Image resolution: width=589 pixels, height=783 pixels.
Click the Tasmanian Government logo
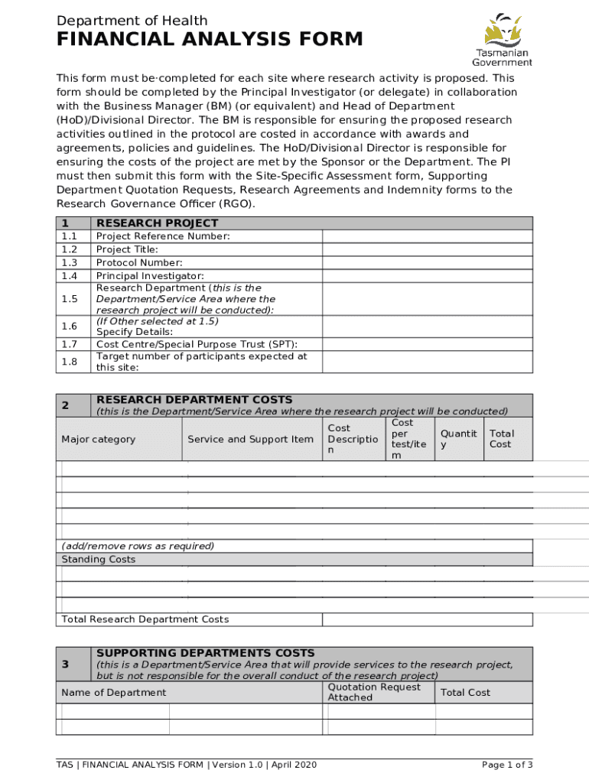[x=501, y=40]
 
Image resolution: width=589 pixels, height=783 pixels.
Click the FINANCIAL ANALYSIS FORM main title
[x=210, y=40]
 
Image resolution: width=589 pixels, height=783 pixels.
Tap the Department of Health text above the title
[x=132, y=21]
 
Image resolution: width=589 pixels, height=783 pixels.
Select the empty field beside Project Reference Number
[x=427, y=236]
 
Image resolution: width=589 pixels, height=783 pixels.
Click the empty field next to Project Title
[x=427, y=249]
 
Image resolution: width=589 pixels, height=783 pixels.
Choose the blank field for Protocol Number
[x=427, y=262]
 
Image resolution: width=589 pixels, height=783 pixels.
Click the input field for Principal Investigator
[x=427, y=275]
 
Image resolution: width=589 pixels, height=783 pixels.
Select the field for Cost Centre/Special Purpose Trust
[x=427, y=344]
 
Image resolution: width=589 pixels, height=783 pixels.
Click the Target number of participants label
[x=201, y=362]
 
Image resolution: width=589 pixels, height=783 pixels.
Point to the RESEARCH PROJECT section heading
[x=157, y=223]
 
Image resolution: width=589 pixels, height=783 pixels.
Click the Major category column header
[x=98, y=439]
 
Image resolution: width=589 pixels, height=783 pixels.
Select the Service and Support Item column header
[x=250, y=439]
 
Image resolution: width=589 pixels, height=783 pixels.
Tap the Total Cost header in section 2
[x=502, y=439]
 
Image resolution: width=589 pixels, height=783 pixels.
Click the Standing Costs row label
[x=98, y=559]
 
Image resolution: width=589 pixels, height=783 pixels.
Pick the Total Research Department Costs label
[x=145, y=619]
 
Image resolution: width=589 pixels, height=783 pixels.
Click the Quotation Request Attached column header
[x=373, y=692]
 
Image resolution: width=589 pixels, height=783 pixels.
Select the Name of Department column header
[x=113, y=692]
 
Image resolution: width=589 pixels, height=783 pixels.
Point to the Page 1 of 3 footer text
[x=506, y=765]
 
